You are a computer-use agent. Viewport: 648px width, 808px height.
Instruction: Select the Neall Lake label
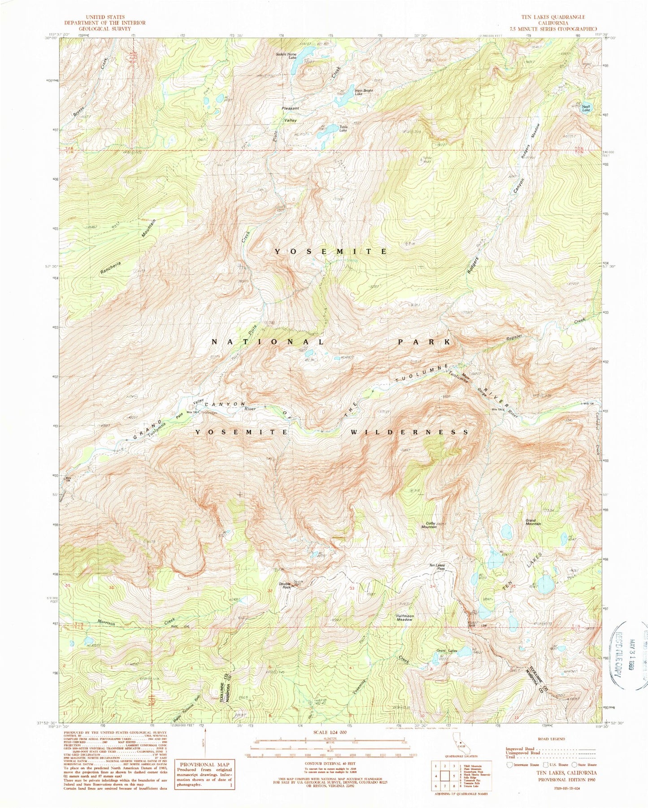tap(586, 108)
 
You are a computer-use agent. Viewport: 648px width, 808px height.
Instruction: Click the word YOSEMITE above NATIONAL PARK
tap(331, 252)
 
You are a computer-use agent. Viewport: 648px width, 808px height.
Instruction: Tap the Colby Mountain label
tap(431, 525)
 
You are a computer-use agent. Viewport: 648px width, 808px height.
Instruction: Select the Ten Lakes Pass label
tap(437, 567)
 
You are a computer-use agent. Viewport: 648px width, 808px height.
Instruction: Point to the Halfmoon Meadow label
tap(404, 618)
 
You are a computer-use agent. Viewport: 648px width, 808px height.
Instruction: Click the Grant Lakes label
tap(447, 651)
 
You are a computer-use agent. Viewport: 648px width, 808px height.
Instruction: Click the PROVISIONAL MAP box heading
tap(204, 765)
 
